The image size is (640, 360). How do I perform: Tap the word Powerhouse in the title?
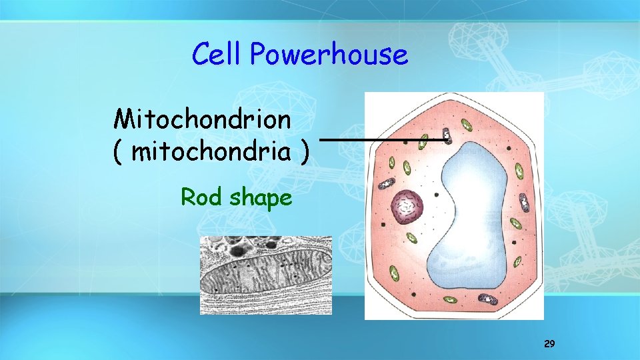(329, 55)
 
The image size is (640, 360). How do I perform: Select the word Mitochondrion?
(203, 120)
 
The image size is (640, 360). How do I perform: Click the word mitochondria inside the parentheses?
(211, 153)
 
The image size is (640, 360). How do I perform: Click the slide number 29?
(549, 344)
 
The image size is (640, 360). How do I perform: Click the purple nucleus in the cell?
(407, 207)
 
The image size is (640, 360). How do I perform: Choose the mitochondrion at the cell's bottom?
(491, 301)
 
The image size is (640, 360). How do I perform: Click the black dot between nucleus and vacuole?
(436, 195)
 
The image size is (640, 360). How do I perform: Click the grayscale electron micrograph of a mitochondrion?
(266, 275)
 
